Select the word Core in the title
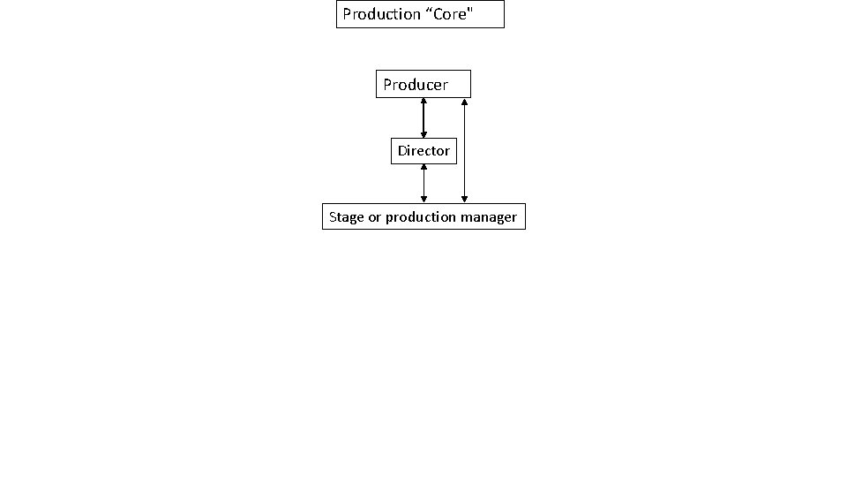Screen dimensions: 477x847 (x=451, y=14)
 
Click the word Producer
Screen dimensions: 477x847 (x=416, y=85)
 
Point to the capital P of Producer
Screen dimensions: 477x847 (x=388, y=85)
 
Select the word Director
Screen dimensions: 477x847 (x=423, y=151)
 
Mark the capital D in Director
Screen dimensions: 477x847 (x=402, y=151)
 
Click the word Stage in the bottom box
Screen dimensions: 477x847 (x=346, y=216)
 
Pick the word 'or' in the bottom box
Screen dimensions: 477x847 (x=374, y=217)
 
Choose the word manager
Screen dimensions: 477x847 (x=487, y=217)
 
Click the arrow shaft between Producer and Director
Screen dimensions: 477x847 (x=423, y=117)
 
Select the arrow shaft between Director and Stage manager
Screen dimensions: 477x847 (x=423, y=184)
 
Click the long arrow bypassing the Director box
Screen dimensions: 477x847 (x=464, y=150)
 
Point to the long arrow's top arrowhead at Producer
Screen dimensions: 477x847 (x=464, y=101)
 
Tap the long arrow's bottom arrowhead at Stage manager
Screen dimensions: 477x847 (x=464, y=201)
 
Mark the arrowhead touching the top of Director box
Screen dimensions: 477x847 (x=423, y=135)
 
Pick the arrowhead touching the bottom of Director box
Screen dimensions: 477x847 (x=423, y=168)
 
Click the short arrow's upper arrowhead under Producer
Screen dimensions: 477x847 (x=423, y=101)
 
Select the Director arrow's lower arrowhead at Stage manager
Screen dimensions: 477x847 (x=423, y=201)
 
